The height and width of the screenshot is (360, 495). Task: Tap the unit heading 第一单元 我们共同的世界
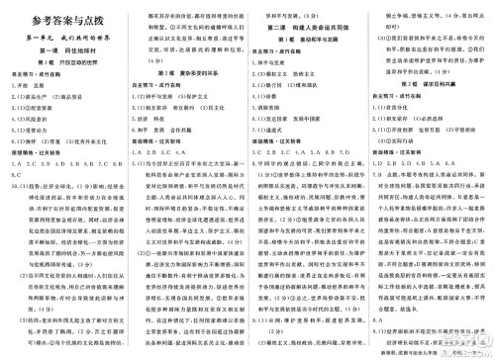tap(61, 36)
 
